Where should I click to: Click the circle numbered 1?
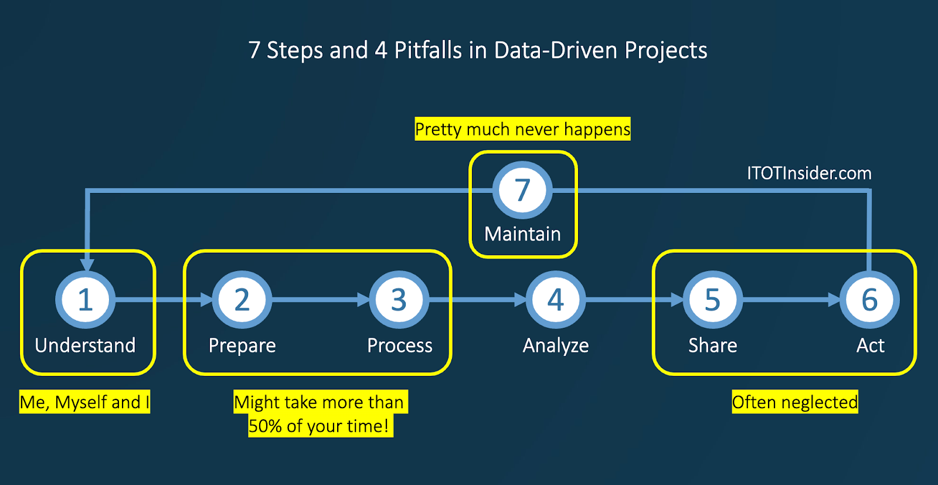(x=86, y=300)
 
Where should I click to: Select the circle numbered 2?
(x=242, y=300)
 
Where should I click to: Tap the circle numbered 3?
(x=399, y=300)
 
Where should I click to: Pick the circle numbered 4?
(x=556, y=300)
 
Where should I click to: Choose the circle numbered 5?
(x=713, y=300)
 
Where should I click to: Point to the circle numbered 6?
(x=869, y=300)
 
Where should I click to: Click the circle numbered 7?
(x=522, y=190)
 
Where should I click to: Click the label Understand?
(x=86, y=345)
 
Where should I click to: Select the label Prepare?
(x=242, y=346)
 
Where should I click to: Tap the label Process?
(x=400, y=345)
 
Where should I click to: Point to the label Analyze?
(x=556, y=346)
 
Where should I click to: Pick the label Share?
(x=713, y=345)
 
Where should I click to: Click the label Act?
(x=871, y=345)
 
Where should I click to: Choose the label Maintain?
(x=522, y=234)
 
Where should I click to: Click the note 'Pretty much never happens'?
(x=522, y=129)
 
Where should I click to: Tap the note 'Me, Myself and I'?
(x=84, y=402)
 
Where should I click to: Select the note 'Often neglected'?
(x=795, y=402)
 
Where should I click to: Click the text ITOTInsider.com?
(x=809, y=173)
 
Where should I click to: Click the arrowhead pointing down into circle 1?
(x=87, y=264)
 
